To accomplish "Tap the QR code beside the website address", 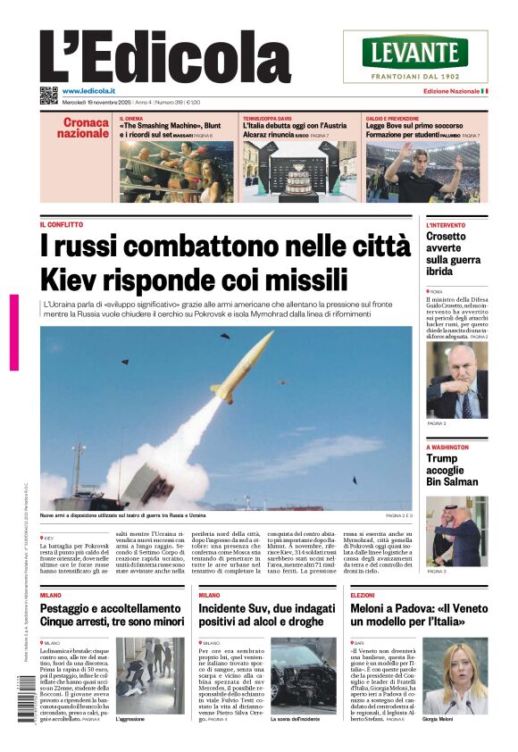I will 48,94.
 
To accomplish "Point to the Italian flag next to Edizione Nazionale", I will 483,91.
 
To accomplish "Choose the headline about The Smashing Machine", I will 175,128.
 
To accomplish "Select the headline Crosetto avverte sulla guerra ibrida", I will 453,253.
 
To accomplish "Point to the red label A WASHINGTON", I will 447,447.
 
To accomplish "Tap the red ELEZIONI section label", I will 363,594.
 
